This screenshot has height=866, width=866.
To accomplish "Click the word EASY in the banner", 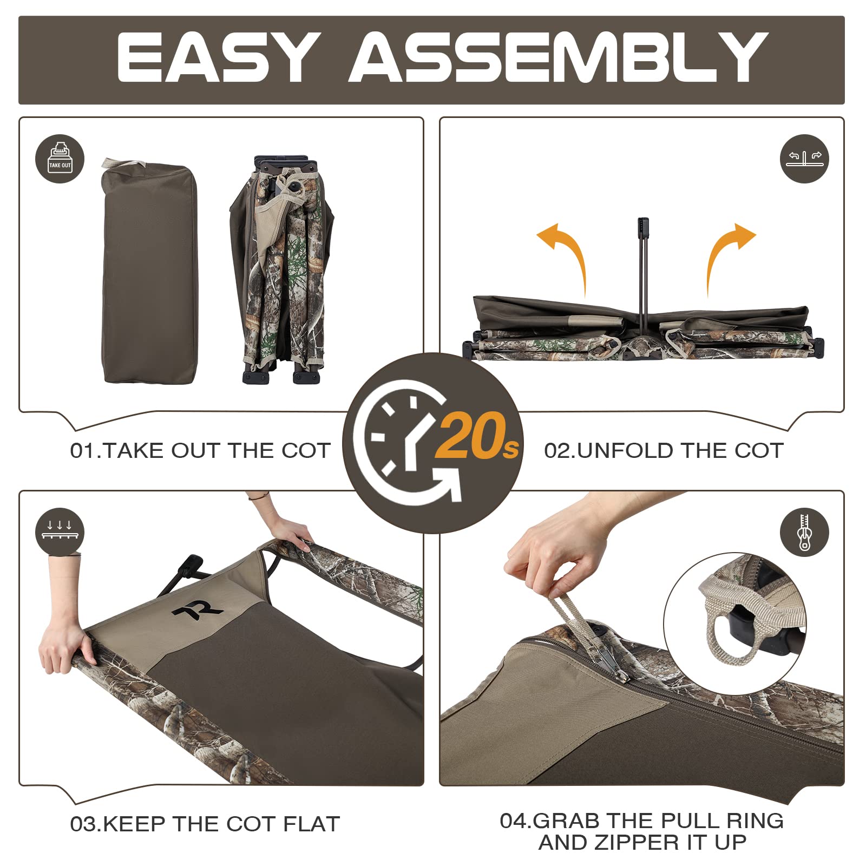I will point(216,57).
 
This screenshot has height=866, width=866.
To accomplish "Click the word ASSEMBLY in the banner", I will point(557,57).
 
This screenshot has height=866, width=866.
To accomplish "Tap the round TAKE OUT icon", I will point(60,159).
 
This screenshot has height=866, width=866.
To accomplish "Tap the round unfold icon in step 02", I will point(804,159).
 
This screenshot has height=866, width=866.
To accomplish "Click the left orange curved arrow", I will point(566,254).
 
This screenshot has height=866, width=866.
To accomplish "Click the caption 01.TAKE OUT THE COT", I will point(200,451).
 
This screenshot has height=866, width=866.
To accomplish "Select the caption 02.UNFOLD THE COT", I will point(664,451).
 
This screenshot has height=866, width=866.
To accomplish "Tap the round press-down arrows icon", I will point(60,532).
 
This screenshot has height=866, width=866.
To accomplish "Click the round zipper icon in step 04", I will point(804,532).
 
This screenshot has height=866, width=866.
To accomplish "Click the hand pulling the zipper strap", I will point(557,557).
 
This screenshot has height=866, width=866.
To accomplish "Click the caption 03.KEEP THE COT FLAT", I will point(205,824).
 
